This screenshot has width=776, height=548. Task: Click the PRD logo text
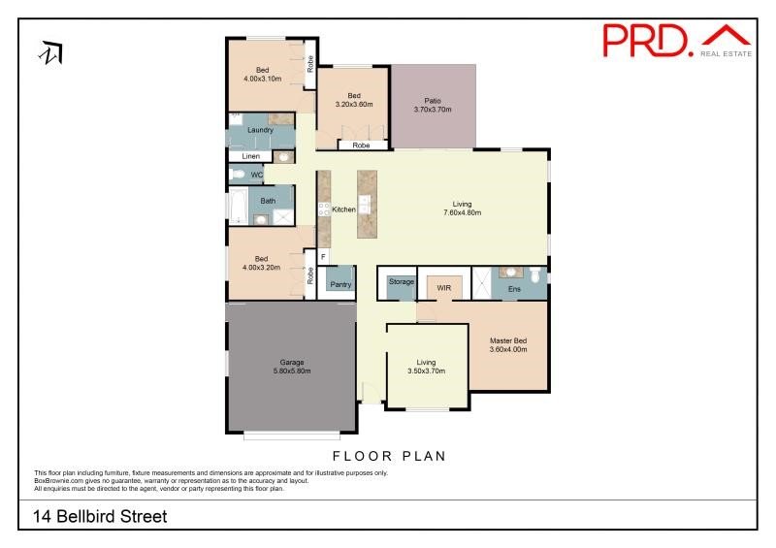click(647, 41)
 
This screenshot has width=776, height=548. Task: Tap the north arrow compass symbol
click(51, 53)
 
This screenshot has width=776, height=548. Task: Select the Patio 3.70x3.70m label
click(433, 105)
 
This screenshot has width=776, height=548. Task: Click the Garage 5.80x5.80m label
click(292, 367)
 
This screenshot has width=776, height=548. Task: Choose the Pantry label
click(340, 284)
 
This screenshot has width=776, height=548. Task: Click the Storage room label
click(402, 281)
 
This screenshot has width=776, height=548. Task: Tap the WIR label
click(444, 288)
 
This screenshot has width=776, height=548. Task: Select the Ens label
click(514, 289)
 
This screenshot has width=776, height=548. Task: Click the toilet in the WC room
click(238, 175)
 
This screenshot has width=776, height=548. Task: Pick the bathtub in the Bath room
click(238, 207)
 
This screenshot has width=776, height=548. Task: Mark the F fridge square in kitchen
click(323, 256)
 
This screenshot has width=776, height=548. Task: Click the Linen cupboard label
click(251, 156)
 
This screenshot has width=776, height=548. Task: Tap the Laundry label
click(260, 130)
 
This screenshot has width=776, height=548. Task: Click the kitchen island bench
click(368, 205)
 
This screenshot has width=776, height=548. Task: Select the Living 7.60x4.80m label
click(463, 209)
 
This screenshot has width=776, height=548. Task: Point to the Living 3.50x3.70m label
click(426, 367)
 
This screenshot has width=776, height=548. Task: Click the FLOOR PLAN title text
click(389, 456)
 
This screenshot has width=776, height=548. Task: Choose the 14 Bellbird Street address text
click(100, 516)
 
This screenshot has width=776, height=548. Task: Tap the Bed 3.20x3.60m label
click(354, 100)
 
